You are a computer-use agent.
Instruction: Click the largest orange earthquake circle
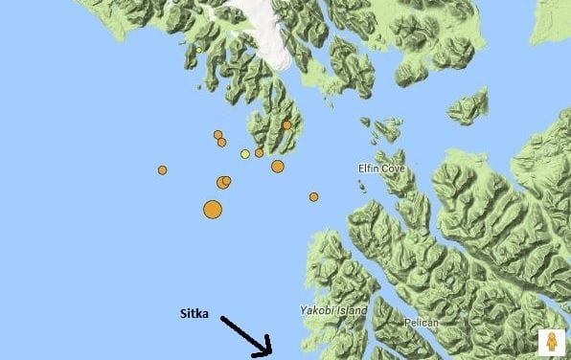point(213,210)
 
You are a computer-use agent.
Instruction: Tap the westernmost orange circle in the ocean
point(163,169)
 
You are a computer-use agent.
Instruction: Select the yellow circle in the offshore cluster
point(245,154)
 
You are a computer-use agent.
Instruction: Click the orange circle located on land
point(286,125)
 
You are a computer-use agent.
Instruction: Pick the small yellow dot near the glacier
point(198,50)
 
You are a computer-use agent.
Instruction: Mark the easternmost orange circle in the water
point(313,197)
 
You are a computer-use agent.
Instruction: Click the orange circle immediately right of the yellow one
point(260,152)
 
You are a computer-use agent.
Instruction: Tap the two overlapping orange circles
point(223,182)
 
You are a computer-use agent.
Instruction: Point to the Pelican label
point(422,323)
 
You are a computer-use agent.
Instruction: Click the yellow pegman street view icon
point(551,342)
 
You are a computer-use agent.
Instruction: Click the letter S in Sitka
point(184,313)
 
